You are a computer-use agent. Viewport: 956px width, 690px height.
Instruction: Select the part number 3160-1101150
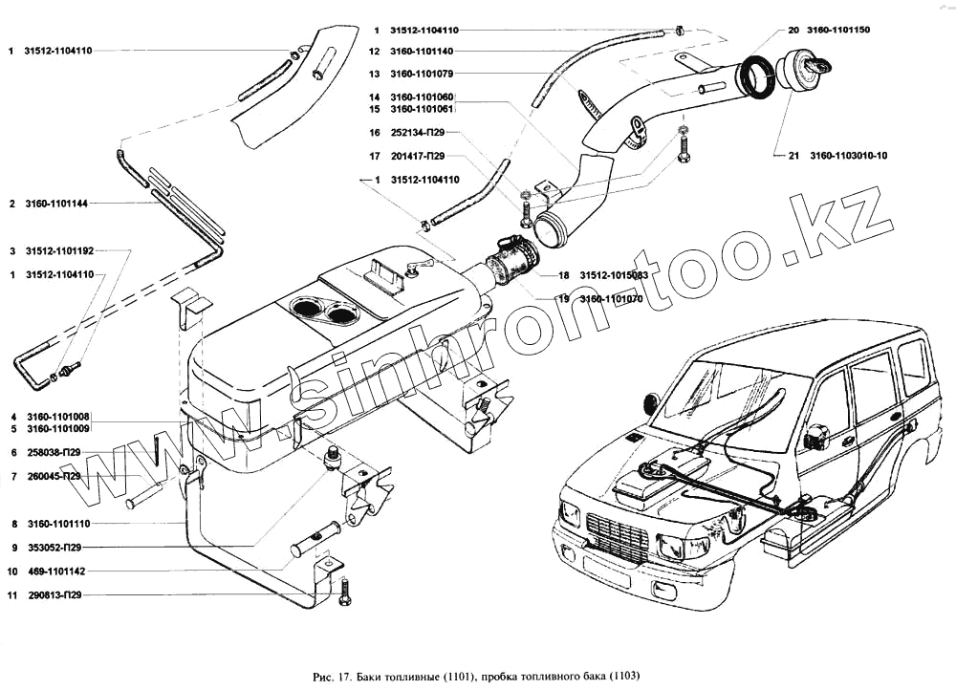838,31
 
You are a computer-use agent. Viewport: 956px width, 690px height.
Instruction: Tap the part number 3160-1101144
61,204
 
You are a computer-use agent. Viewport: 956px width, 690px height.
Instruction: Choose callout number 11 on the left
12,594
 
